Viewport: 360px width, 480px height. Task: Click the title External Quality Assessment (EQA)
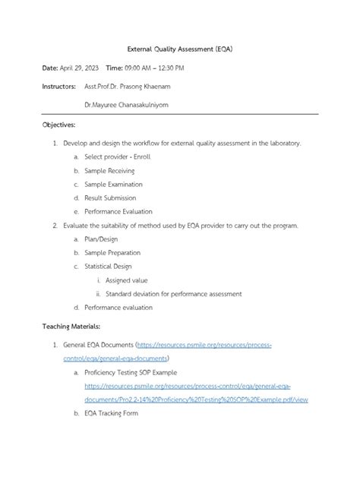179,48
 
